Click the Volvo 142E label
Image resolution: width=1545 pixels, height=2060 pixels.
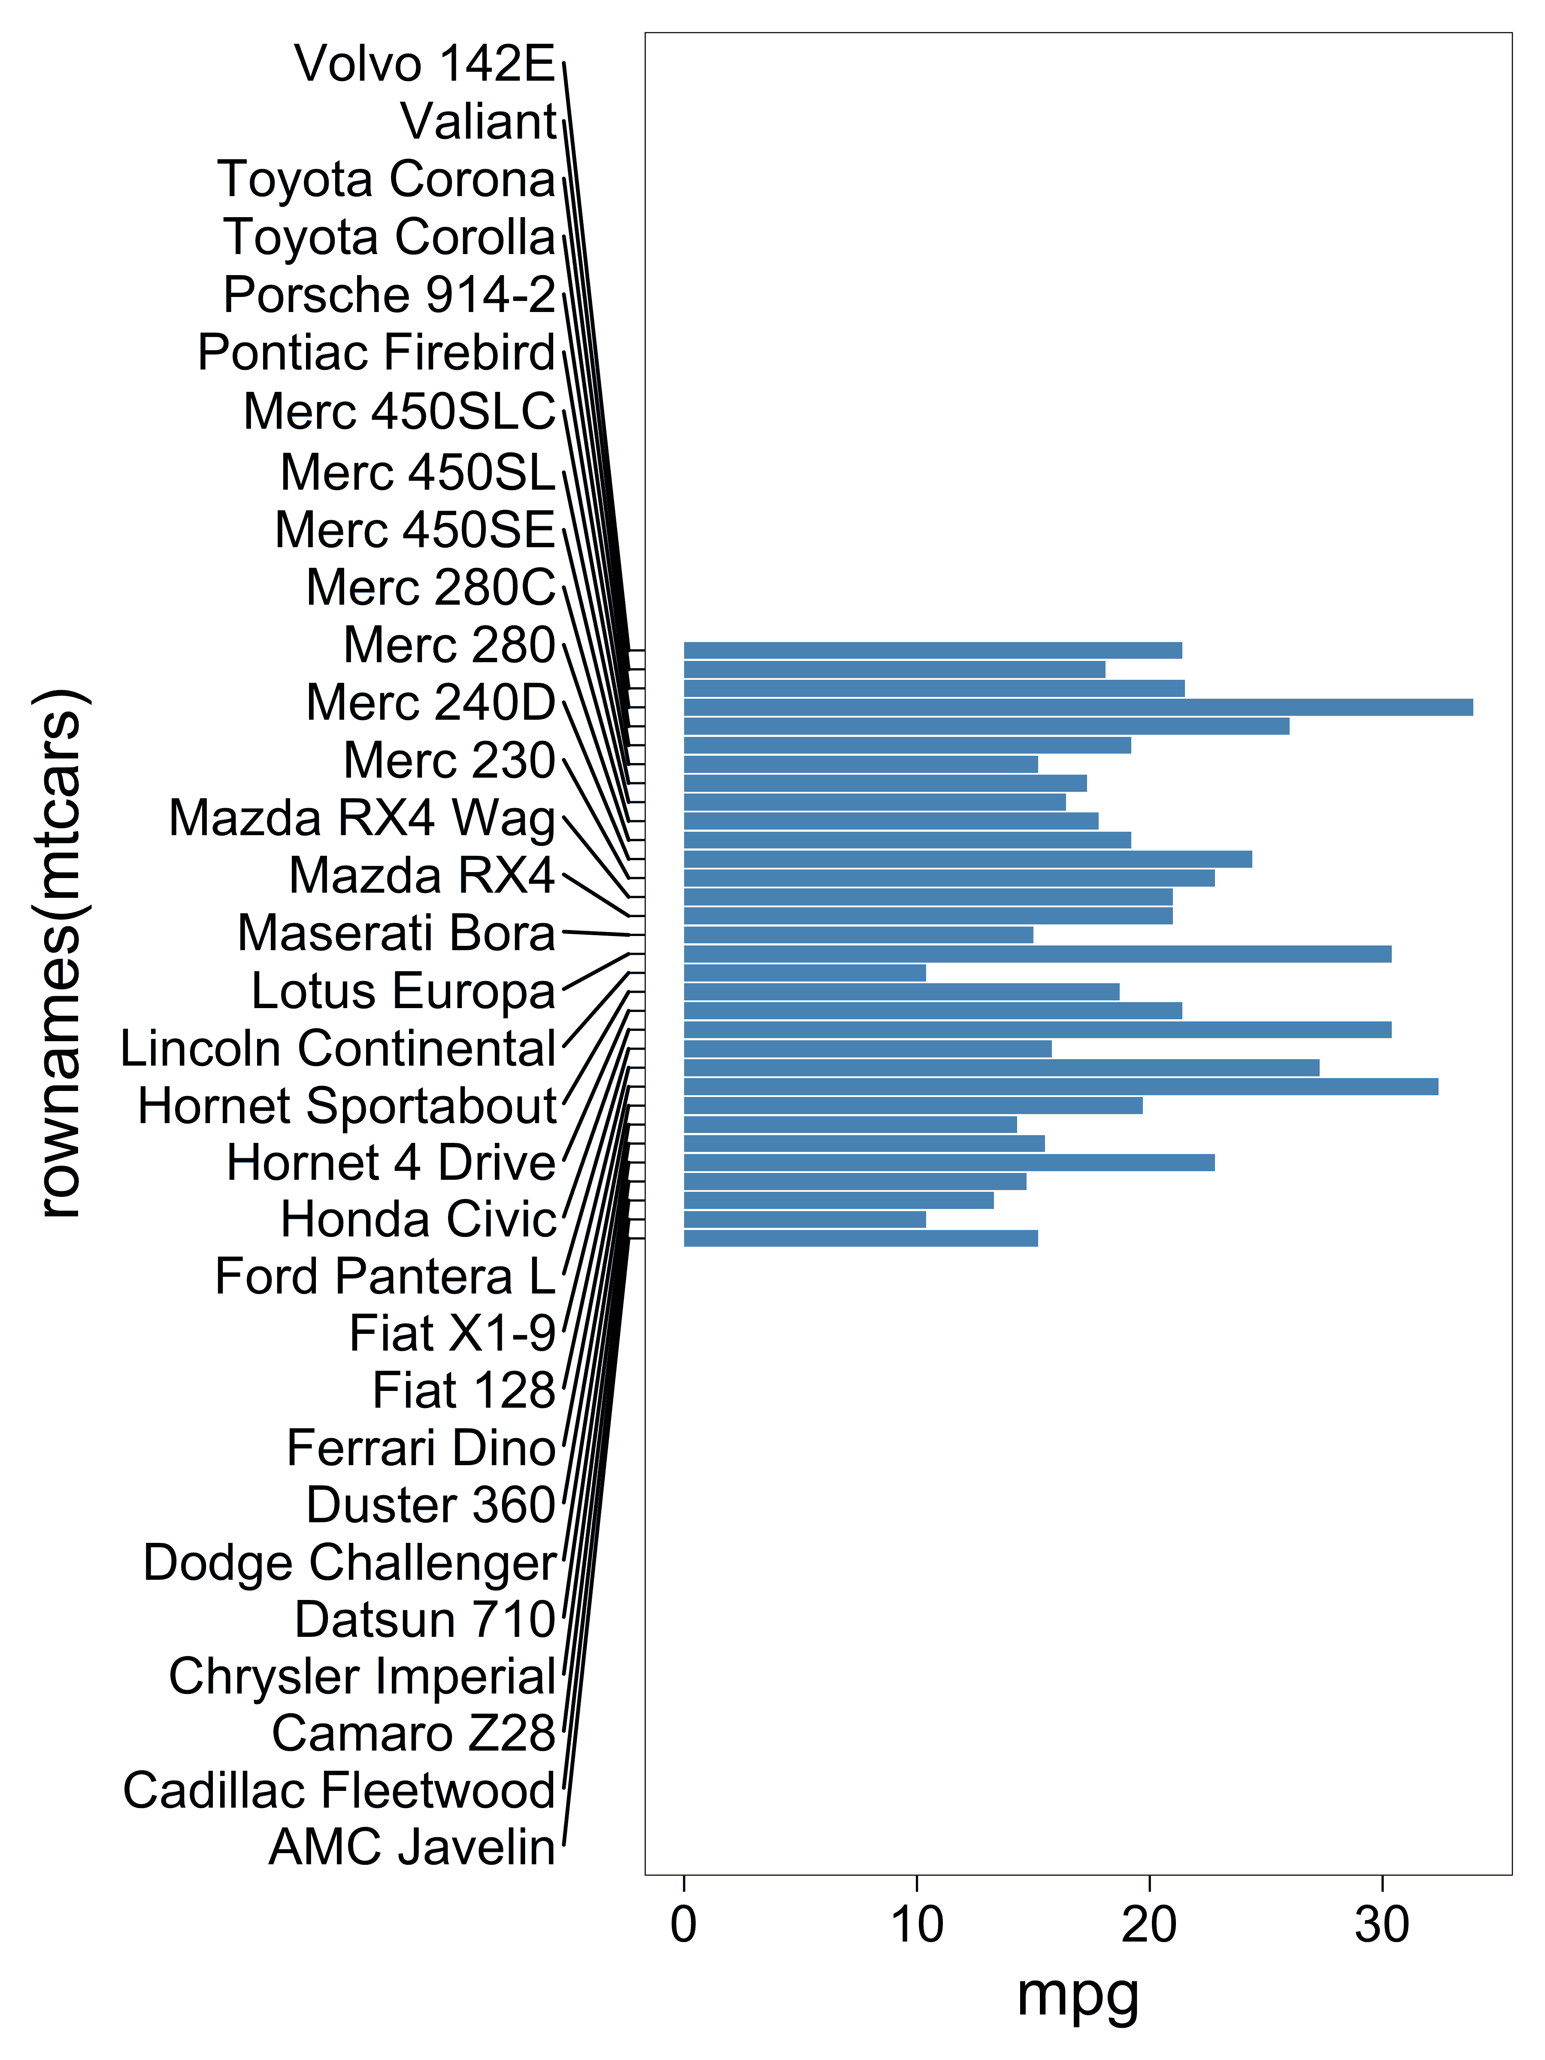click(425, 64)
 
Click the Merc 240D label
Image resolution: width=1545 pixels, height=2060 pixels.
click(430, 702)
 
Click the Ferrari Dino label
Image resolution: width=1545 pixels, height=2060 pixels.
click(421, 1448)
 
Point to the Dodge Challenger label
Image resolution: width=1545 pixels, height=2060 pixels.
click(349, 1563)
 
